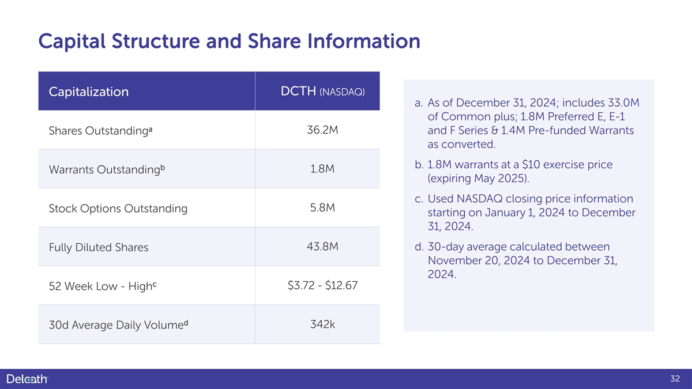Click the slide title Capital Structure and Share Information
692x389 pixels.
tap(229, 42)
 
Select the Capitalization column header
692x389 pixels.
tap(89, 92)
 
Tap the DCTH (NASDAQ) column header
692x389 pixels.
tap(322, 92)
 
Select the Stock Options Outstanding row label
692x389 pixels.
tap(118, 209)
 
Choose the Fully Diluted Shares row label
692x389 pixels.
tap(99, 248)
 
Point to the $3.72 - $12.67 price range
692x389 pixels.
tap(322, 285)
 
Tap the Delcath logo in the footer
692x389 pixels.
tap(27, 379)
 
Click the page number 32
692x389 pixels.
tap(676, 379)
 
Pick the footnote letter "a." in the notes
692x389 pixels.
tap(419, 103)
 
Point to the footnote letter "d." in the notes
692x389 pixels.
tap(419, 247)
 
